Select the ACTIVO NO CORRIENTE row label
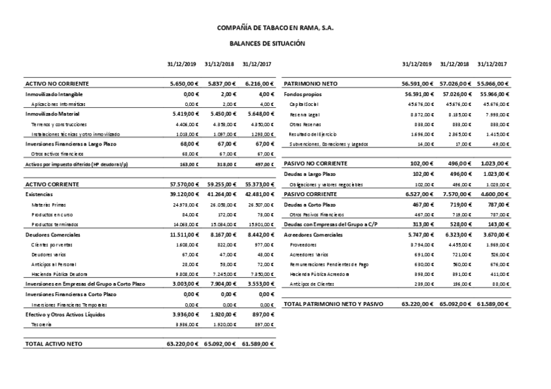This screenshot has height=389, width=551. pos(57,84)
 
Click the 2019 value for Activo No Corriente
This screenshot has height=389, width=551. pos(184,84)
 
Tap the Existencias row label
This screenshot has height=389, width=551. pos(41,194)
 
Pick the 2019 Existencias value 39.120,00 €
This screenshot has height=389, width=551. pos(184,194)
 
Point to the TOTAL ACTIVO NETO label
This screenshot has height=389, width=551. pos(54,344)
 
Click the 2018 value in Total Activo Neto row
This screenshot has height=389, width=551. pos(220,344)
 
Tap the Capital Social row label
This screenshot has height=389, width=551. pos(303,104)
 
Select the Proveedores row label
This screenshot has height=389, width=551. pos(303,245)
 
